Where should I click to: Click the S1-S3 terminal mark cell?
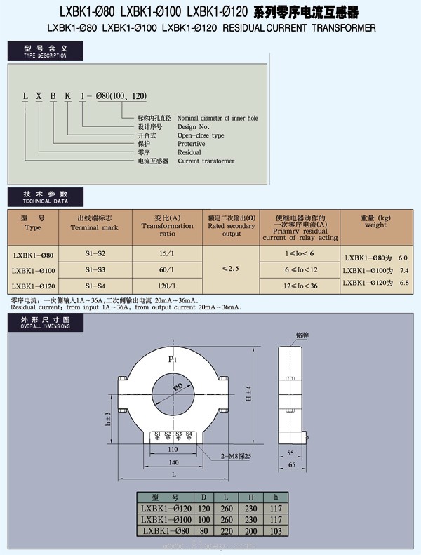[96, 269]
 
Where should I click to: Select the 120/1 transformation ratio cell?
[166, 286]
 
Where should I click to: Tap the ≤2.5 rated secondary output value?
[231, 269]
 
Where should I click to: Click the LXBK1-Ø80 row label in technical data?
[34, 253]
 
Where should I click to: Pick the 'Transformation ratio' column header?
[167, 226]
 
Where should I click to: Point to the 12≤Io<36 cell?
[301, 286]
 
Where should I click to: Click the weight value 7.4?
[403, 270]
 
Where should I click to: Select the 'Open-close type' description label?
[201, 135]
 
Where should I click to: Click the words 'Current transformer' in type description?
[206, 161]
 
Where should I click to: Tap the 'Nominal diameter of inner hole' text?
[218, 118]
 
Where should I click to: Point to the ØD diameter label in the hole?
[178, 386]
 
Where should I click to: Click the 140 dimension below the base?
[173, 462]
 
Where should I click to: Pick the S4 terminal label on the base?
[189, 434]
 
